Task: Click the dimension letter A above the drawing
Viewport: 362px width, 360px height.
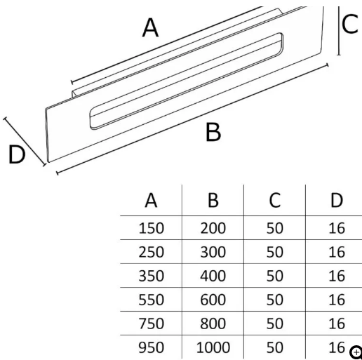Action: click(x=150, y=28)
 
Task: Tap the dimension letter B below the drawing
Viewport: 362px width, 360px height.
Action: click(x=213, y=132)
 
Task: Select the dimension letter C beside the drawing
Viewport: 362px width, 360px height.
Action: click(x=350, y=24)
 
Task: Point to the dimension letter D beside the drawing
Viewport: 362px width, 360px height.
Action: click(x=17, y=154)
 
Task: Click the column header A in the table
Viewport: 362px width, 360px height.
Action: click(x=151, y=201)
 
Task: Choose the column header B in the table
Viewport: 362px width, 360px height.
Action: click(x=213, y=201)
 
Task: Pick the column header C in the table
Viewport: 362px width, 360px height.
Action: click(x=275, y=201)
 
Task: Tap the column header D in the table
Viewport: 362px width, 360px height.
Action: click(x=337, y=201)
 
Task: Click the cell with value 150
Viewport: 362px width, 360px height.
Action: click(x=151, y=228)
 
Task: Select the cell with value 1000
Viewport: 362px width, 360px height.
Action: click(x=213, y=347)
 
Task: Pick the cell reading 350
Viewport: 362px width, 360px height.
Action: click(x=151, y=276)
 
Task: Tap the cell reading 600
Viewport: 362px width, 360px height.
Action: click(x=213, y=300)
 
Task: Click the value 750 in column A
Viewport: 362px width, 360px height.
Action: click(x=151, y=324)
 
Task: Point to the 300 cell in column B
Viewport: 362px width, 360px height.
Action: click(x=213, y=252)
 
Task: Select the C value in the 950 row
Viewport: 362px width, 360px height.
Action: click(x=275, y=347)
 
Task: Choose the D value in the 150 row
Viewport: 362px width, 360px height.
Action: click(x=337, y=228)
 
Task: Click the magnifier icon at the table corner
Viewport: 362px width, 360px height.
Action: click(x=356, y=352)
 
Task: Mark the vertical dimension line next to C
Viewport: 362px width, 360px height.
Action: click(x=339, y=31)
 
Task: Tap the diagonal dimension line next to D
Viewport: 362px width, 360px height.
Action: click(x=25, y=142)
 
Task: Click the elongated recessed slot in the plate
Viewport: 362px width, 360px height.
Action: click(x=187, y=81)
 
